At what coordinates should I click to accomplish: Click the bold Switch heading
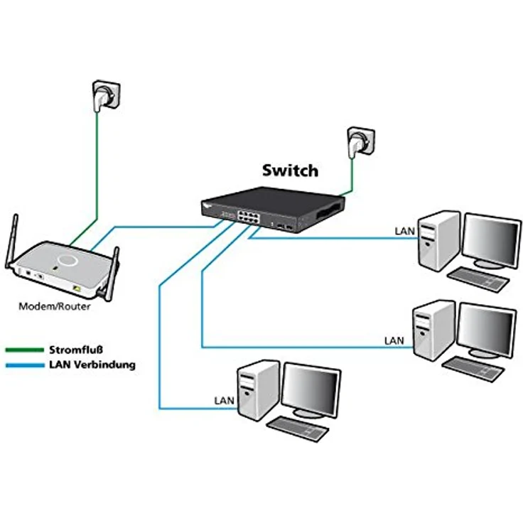pyautogui.click(x=290, y=171)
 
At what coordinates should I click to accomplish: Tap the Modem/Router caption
pyautogui.click(x=54, y=307)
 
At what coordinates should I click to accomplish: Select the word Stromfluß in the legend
pyautogui.click(x=76, y=350)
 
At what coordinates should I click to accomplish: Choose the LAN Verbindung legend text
pyautogui.click(x=92, y=365)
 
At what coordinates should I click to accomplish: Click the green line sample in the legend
pyautogui.click(x=24, y=350)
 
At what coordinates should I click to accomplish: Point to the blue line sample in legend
pyautogui.click(x=24, y=366)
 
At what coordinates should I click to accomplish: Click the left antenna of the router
pyautogui.click(x=13, y=242)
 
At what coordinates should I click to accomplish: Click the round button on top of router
pyautogui.click(x=68, y=259)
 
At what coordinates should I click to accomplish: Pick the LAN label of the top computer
pyautogui.click(x=404, y=232)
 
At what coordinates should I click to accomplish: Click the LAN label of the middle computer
pyautogui.click(x=394, y=341)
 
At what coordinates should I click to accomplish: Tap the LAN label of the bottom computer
pyautogui.click(x=224, y=401)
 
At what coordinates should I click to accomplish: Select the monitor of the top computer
pyautogui.click(x=491, y=237)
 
